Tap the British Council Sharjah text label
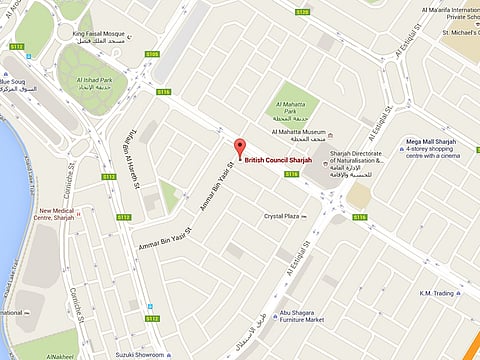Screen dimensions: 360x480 278,160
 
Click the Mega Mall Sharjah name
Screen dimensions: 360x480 433,142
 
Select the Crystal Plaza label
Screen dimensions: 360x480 283,216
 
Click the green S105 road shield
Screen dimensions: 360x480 152,54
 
